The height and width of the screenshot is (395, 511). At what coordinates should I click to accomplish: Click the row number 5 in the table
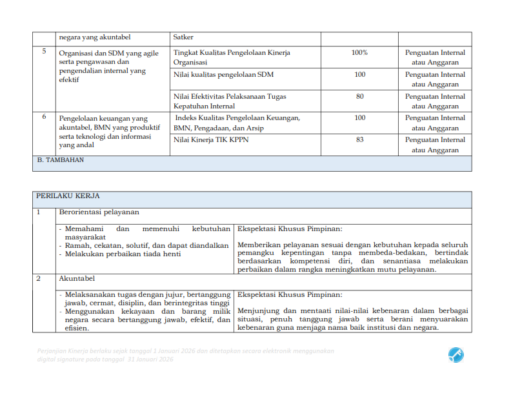coord(44,52)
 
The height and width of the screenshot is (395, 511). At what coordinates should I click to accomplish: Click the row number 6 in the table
coord(44,117)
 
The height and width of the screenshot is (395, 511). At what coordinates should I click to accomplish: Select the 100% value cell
coord(359,52)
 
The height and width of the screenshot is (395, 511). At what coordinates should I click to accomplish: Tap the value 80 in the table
coord(359,96)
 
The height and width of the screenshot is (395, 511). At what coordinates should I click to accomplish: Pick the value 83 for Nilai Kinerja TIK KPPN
coord(359,139)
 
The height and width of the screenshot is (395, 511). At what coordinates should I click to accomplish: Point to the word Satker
coord(183,37)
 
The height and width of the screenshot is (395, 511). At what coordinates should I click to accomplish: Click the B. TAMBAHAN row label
coord(60,161)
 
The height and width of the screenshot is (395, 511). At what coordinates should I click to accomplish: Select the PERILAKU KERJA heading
coord(68,196)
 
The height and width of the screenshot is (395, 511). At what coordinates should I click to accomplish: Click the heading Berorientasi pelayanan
coord(99,212)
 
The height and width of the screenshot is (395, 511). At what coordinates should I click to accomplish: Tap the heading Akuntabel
coord(77,279)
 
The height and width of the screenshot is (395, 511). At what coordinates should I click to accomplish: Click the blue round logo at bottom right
coord(456,354)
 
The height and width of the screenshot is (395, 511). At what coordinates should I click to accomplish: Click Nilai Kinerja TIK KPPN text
coord(211,139)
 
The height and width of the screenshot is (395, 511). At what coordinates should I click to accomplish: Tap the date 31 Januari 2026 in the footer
coord(150,359)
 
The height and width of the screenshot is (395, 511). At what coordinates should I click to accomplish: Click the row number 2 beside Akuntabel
coord(39,279)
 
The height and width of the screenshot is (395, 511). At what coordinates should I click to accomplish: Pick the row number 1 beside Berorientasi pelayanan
coord(39,212)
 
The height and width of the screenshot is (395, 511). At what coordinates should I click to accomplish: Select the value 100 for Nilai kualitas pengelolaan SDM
coord(359,75)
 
